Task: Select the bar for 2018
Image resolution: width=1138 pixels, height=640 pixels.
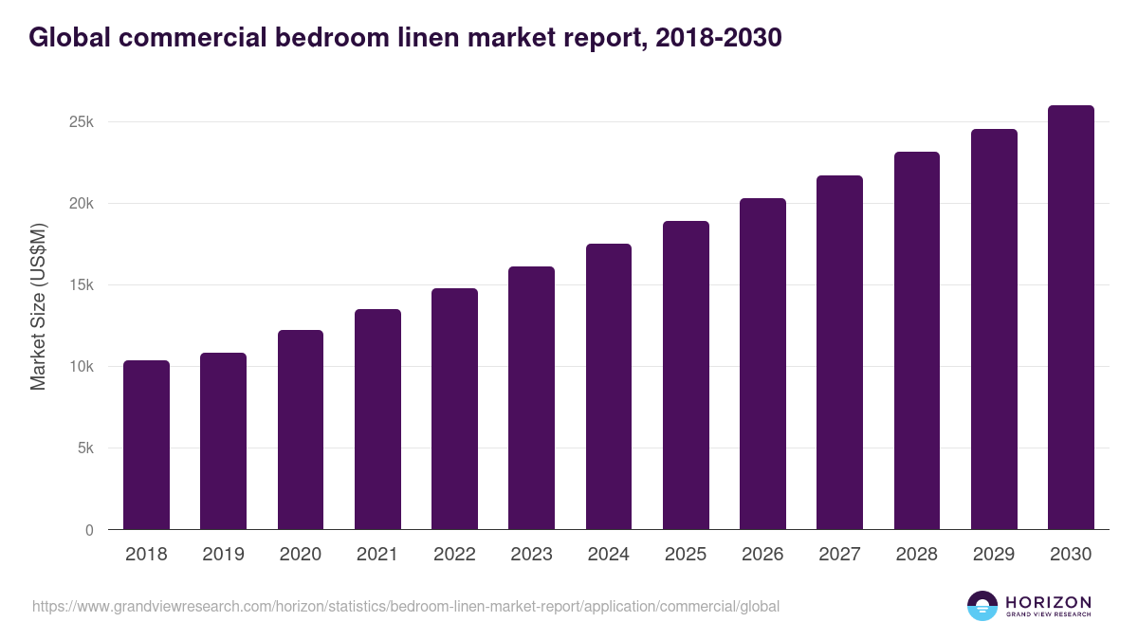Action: tap(146, 445)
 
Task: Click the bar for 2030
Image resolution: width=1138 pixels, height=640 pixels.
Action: tap(1071, 318)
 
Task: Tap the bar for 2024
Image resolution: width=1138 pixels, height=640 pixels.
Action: tap(609, 387)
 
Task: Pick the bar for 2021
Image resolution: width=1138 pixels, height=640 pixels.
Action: tap(377, 419)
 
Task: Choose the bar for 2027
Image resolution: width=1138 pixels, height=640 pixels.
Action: tap(839, 353)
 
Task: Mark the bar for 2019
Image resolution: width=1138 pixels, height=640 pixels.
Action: tap(223, 441)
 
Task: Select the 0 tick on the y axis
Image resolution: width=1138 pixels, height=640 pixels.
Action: tap(89, 530)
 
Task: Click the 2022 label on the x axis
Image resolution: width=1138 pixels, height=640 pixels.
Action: tap(454, 555)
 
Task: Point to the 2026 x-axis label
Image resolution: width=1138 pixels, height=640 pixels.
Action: tap(762, 555)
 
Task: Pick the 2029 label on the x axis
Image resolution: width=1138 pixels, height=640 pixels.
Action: tap(994, 555)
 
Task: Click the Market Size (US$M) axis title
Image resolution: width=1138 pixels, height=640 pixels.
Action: tap(38, 306)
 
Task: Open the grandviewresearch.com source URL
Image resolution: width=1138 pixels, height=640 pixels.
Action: tap(406, 606)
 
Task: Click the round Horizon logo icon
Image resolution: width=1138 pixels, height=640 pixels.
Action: tap(982, 606)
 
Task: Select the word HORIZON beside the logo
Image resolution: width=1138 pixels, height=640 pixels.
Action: tap(1048, 601)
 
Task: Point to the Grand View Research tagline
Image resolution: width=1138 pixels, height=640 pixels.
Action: tap(1048, 615)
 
